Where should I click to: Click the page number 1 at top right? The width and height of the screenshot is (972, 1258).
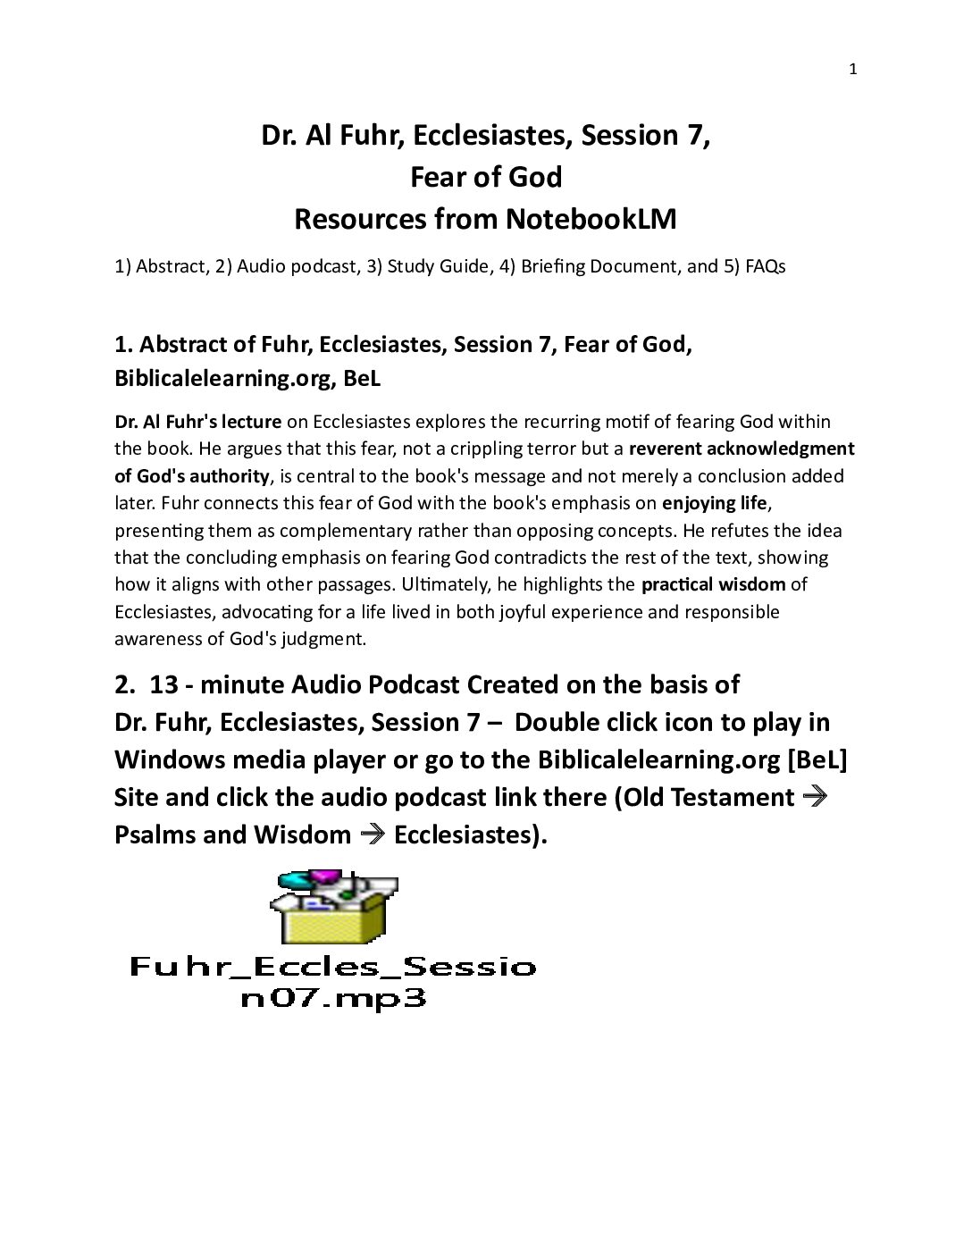852,70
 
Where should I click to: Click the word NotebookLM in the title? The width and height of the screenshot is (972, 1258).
591,219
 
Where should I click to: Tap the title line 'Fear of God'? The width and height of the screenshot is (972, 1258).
486,177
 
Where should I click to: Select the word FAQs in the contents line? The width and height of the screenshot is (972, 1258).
765,266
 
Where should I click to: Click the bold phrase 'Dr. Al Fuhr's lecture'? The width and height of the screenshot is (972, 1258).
197,422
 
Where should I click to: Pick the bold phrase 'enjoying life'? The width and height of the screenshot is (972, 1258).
714,503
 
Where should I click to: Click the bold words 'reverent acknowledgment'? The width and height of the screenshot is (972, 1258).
742,449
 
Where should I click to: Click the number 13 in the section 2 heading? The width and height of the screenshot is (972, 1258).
163,684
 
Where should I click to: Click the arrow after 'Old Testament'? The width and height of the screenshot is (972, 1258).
815,796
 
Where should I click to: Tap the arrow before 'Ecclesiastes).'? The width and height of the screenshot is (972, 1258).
373,834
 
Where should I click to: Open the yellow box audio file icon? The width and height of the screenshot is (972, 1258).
334,906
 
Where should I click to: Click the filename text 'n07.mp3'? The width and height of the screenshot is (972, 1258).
333,998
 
